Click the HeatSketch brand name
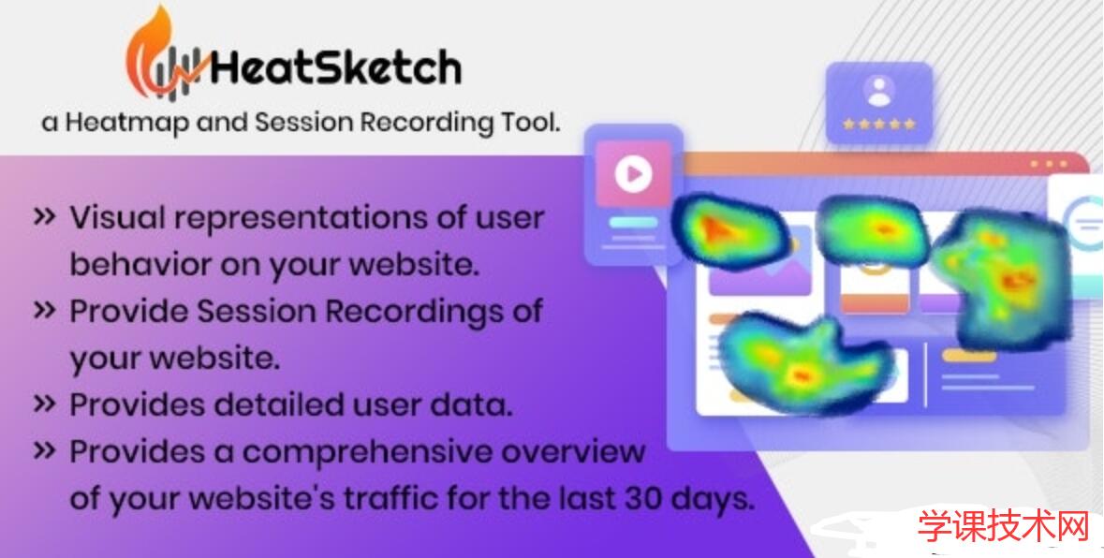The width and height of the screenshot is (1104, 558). point(335,67)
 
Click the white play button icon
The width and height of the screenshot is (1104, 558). point(634,174)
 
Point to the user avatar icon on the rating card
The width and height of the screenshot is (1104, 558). point(878,91)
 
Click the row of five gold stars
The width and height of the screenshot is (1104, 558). point(878,123)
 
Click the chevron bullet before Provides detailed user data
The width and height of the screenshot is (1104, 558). point(44,404)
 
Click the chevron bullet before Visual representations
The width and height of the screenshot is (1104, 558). point(44,217)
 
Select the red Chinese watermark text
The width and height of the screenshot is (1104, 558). point(1004,527)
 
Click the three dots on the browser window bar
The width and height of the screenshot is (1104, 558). point(1048,165)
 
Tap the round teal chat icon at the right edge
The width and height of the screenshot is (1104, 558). point(1087,225)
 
